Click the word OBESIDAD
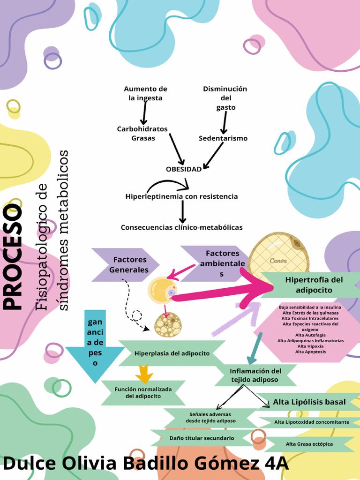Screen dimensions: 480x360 tap(184, 169)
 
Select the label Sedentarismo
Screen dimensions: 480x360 tap(223, 138)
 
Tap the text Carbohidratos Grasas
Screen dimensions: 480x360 tap(142, 134)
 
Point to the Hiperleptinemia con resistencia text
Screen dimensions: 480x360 tap(181, 196)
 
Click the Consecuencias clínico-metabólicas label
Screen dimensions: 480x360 tap(181, 227)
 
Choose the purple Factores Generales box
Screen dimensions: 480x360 tap(127, 265)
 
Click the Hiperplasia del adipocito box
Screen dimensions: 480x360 tap(172, 353)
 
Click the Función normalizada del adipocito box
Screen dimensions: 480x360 tap(143, 393)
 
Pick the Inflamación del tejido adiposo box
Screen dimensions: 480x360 tap(255, 375)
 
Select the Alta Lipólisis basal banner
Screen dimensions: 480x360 tap(309, 402)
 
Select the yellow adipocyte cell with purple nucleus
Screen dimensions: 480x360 tap(163, 290)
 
